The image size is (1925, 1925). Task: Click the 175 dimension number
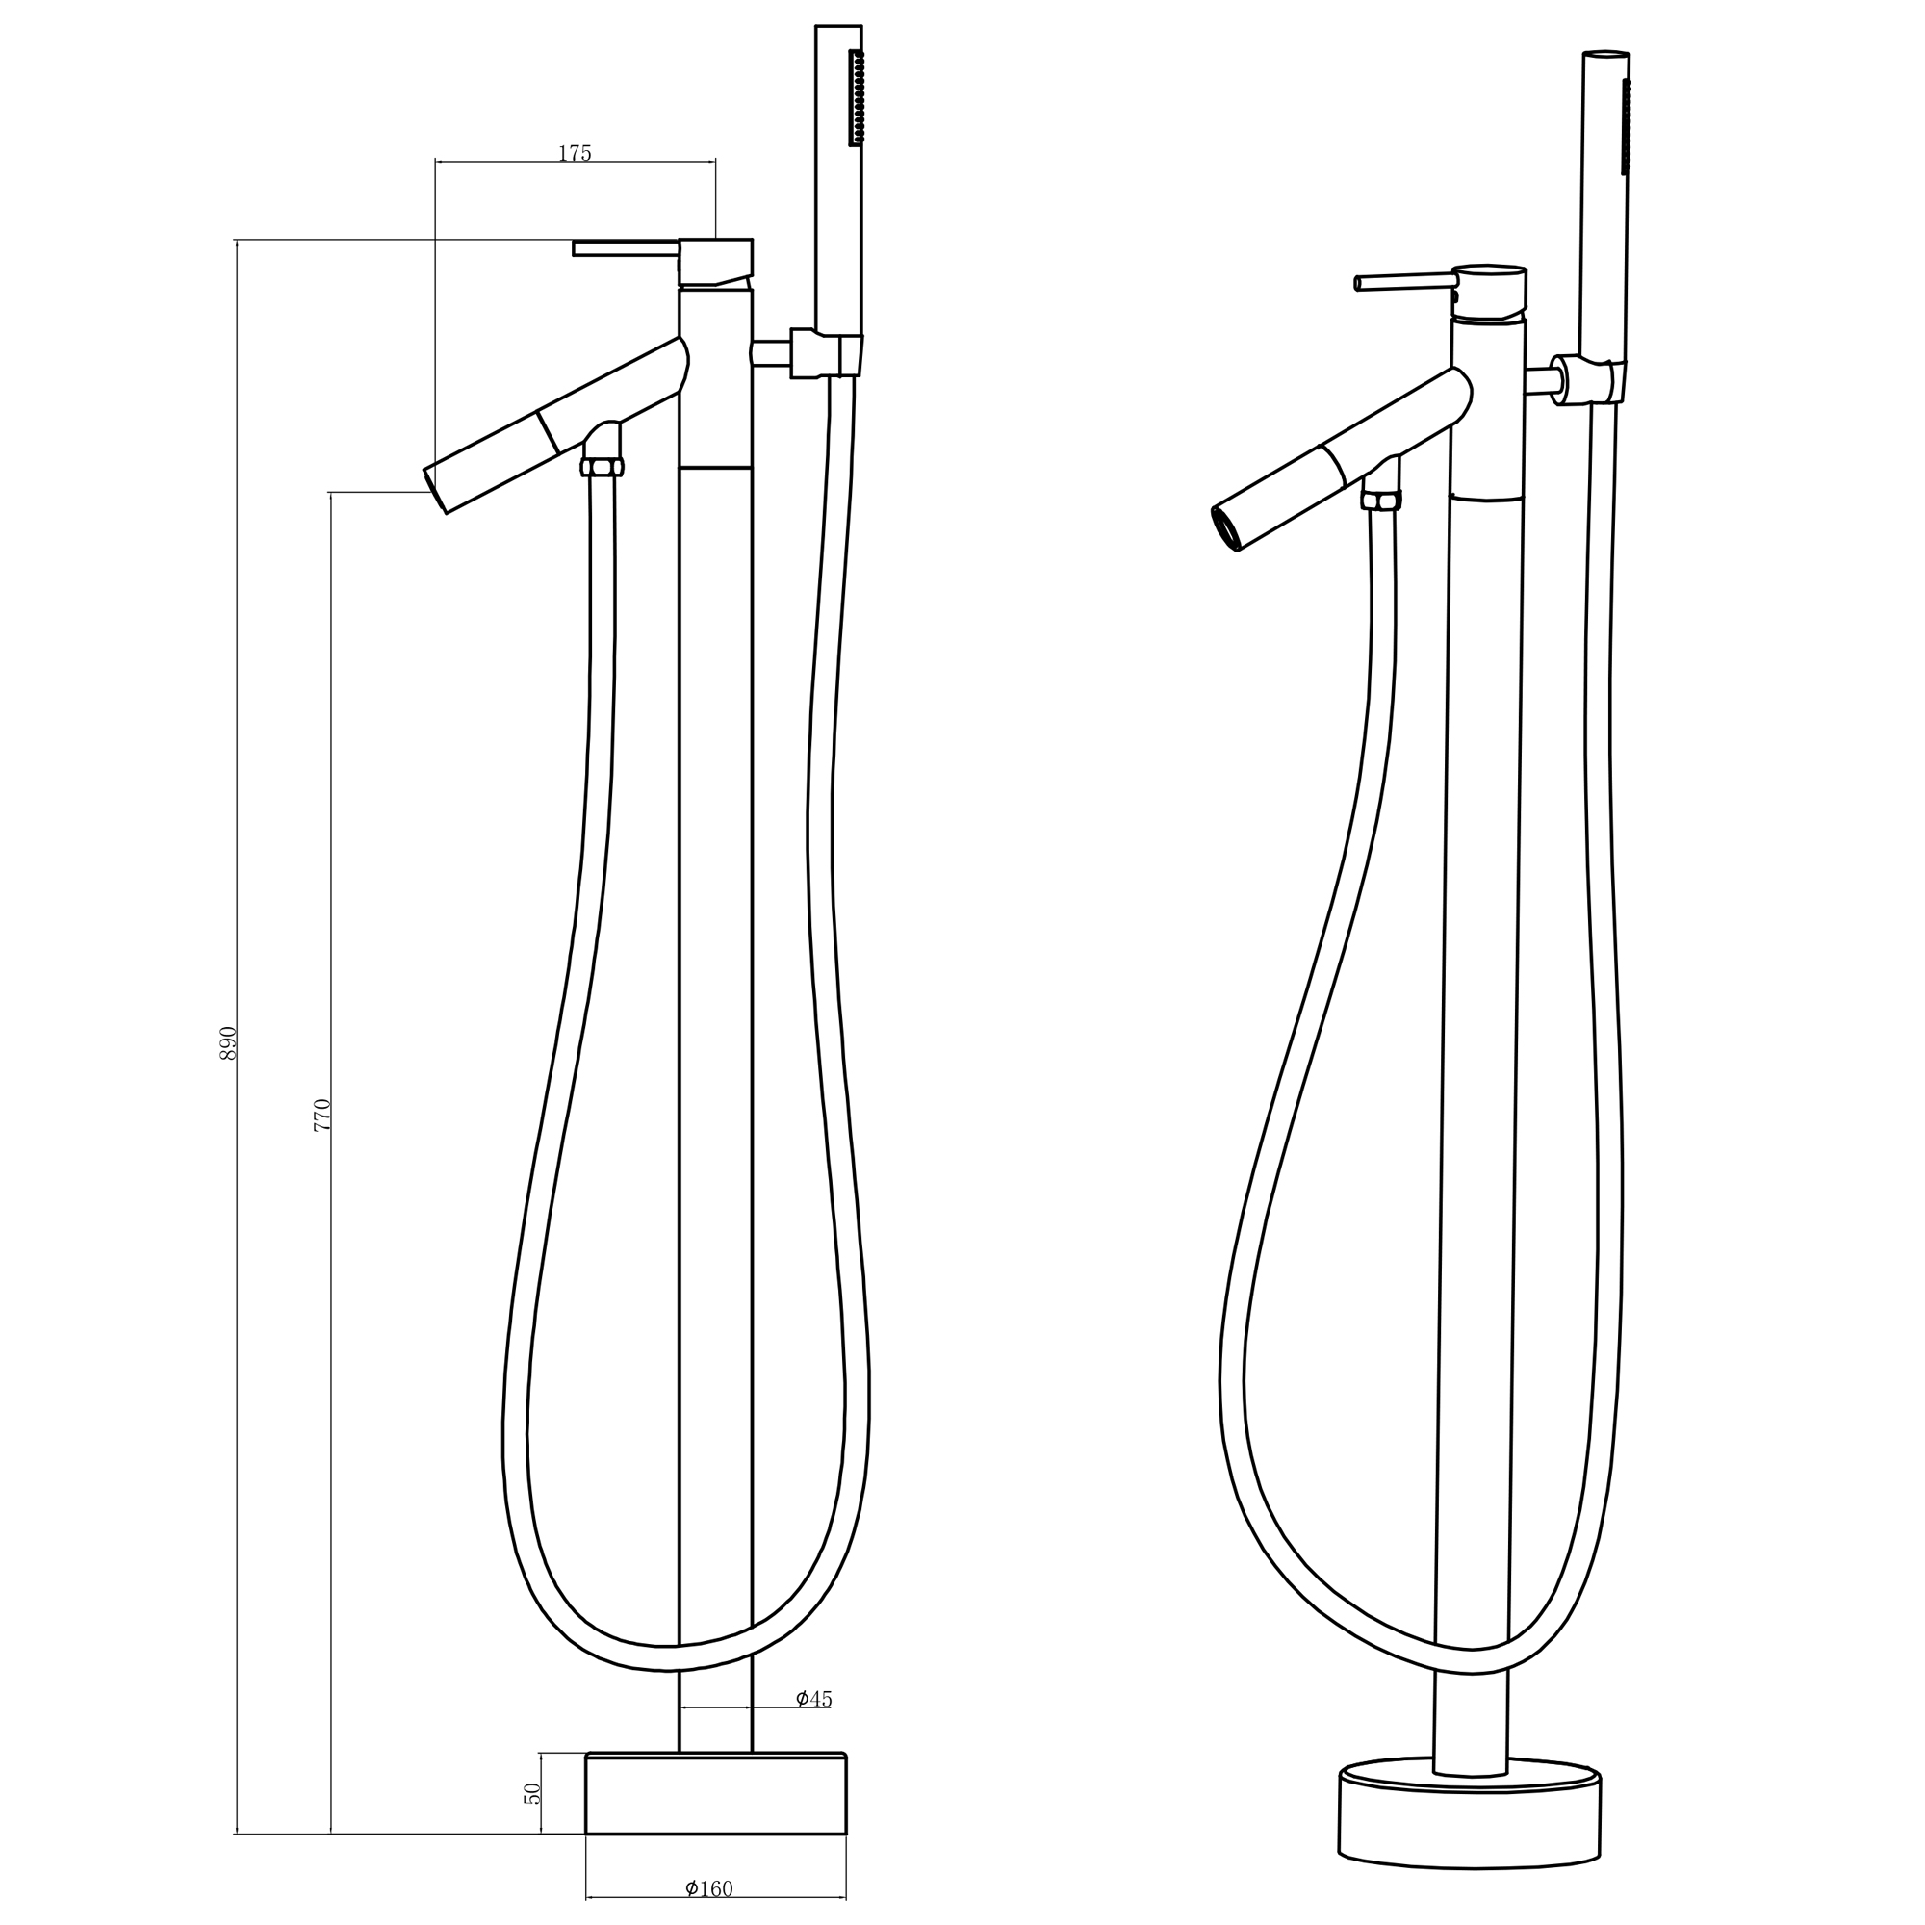575,153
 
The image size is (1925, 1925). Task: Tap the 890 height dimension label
228,1042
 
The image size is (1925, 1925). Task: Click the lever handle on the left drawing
626,247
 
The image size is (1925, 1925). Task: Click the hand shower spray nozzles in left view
855,100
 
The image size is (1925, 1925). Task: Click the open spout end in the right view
1226,526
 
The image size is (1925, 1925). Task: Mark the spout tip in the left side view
436,489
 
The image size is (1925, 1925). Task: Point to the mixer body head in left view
715,262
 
